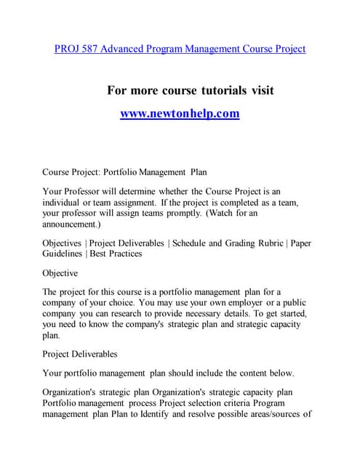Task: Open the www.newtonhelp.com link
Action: coord(180,114)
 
